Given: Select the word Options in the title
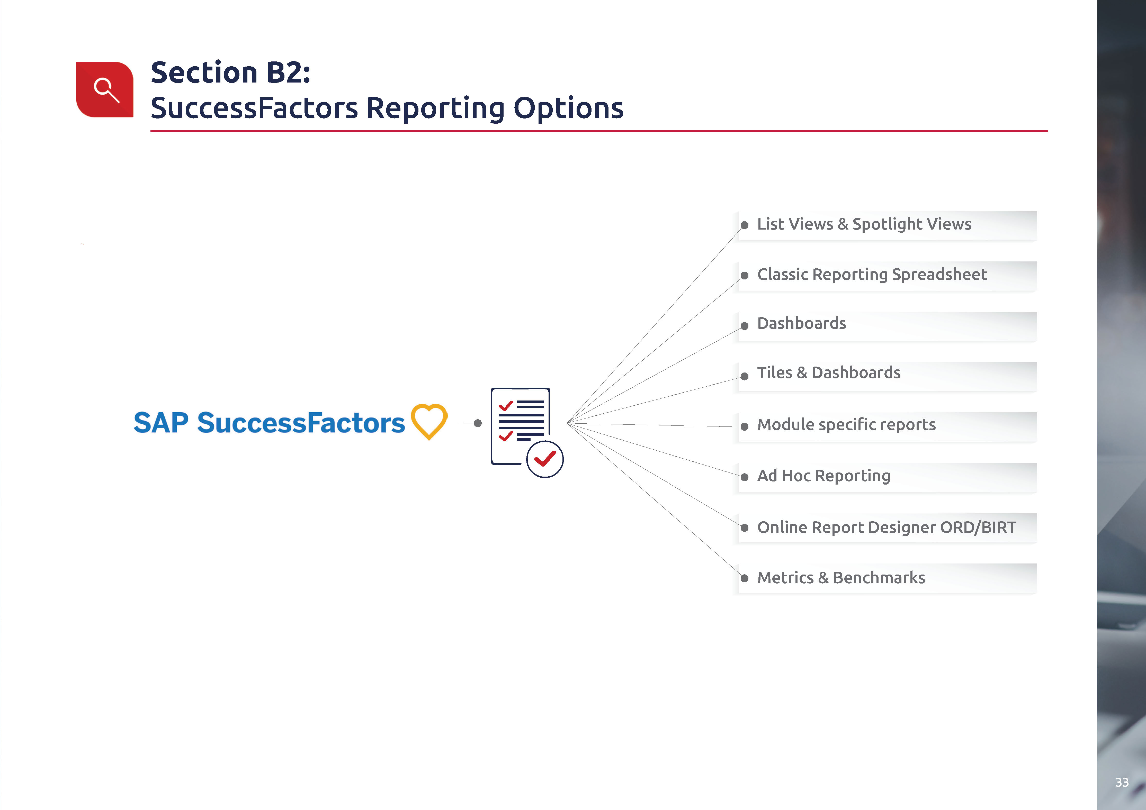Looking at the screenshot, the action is [569, 109].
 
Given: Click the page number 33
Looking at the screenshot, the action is [1122, 782].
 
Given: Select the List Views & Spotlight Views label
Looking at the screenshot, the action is [864, 224].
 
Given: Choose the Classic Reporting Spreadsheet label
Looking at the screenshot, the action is [872, 275].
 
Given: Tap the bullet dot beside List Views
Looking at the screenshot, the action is [744, 225].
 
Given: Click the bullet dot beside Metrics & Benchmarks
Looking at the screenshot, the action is [744, 579].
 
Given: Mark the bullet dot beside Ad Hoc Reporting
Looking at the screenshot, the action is [744, 477].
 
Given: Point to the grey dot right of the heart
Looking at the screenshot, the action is [478, 423].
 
